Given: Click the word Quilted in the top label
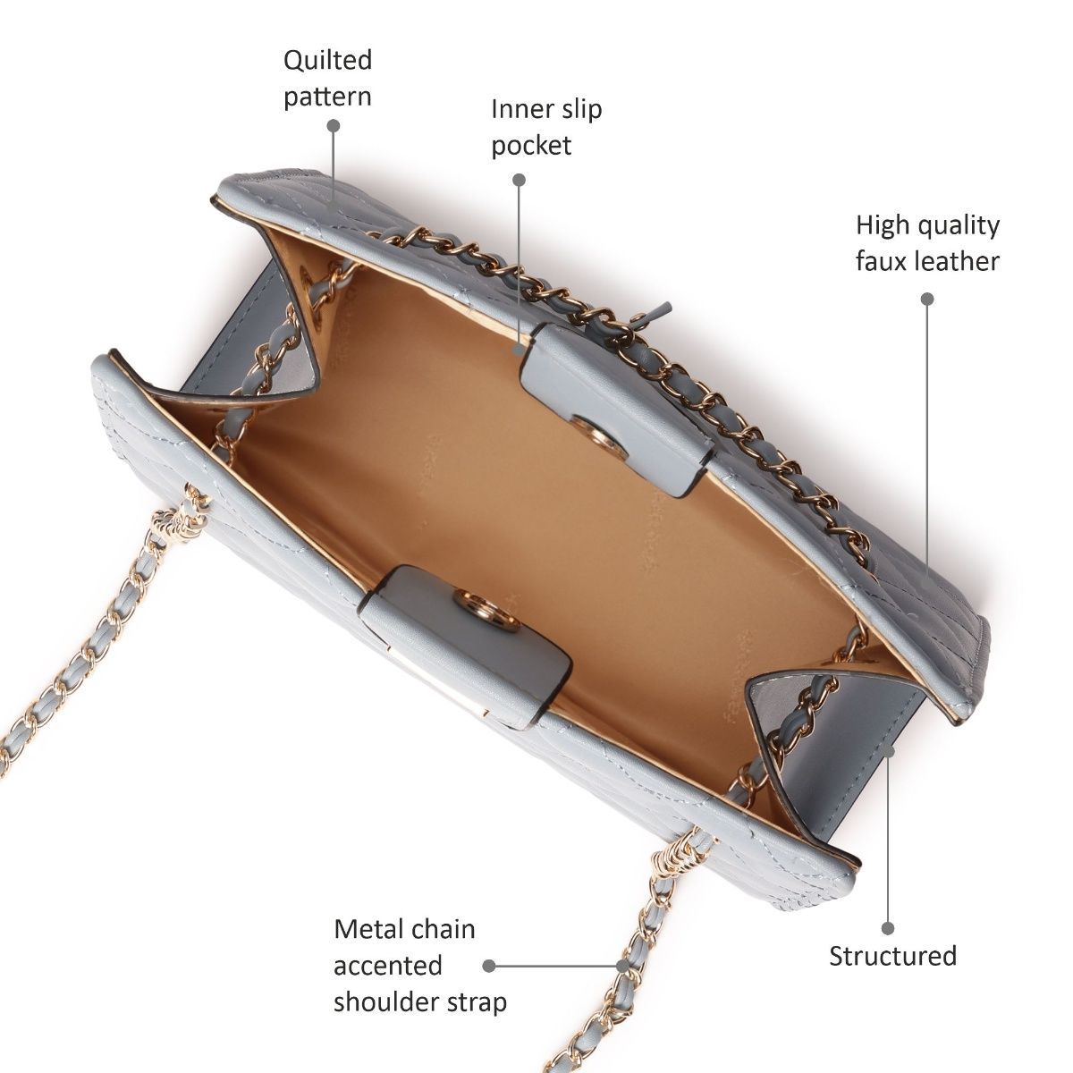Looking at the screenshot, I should (x=327, y=61).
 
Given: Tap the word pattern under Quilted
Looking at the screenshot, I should (x=327, y=97).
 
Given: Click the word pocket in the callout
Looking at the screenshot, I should (x=531, y=146).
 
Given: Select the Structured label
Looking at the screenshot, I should (x=892, y=956).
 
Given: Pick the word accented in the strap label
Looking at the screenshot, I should (x=388, y=966).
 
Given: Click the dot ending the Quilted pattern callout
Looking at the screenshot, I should (x=334, y=127).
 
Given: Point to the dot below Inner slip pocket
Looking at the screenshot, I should (x=519, y=180).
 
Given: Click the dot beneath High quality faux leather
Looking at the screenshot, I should (x=927, y=299).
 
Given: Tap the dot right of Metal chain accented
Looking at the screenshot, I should (x=489, y=966).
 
